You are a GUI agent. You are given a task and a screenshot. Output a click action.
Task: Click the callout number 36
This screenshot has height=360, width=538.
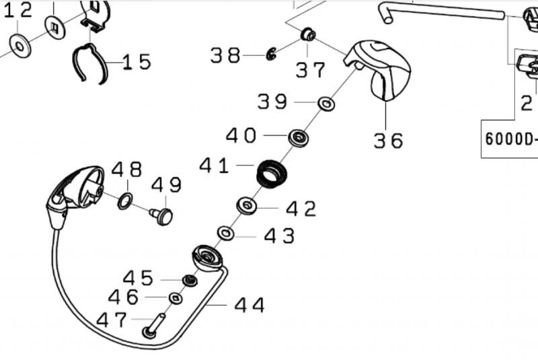click(389, 141)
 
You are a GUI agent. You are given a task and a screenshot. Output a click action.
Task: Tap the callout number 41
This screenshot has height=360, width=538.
click(214, 166)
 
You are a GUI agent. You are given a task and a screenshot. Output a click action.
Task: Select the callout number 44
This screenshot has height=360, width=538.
click(249, 305)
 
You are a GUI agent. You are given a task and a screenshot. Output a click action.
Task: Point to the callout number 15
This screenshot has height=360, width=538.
click(137, 62)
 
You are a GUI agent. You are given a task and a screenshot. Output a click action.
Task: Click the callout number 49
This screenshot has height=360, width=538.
click(166, 184)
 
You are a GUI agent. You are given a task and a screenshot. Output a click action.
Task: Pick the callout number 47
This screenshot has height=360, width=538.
click(112, 320)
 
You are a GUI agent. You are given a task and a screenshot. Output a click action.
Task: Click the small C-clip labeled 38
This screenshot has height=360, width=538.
click(271, 54)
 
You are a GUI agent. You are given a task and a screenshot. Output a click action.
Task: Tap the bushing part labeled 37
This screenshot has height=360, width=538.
click(308, 35)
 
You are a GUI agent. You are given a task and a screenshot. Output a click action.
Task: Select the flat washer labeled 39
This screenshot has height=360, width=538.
click(325, 104)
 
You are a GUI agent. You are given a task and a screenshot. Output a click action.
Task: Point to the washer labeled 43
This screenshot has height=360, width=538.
click(226, 233)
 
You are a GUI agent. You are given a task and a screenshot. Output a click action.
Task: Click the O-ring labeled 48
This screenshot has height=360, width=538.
click(125, 201)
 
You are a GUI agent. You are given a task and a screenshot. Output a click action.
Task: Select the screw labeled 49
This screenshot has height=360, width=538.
click(162, 216)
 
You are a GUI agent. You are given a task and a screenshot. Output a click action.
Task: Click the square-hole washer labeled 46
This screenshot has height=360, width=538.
click(176, 298)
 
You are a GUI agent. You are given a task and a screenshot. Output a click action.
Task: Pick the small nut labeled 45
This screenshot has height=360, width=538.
click(190, 281)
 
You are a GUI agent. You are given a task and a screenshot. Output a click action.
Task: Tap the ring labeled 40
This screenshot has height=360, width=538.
click(298, 139)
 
